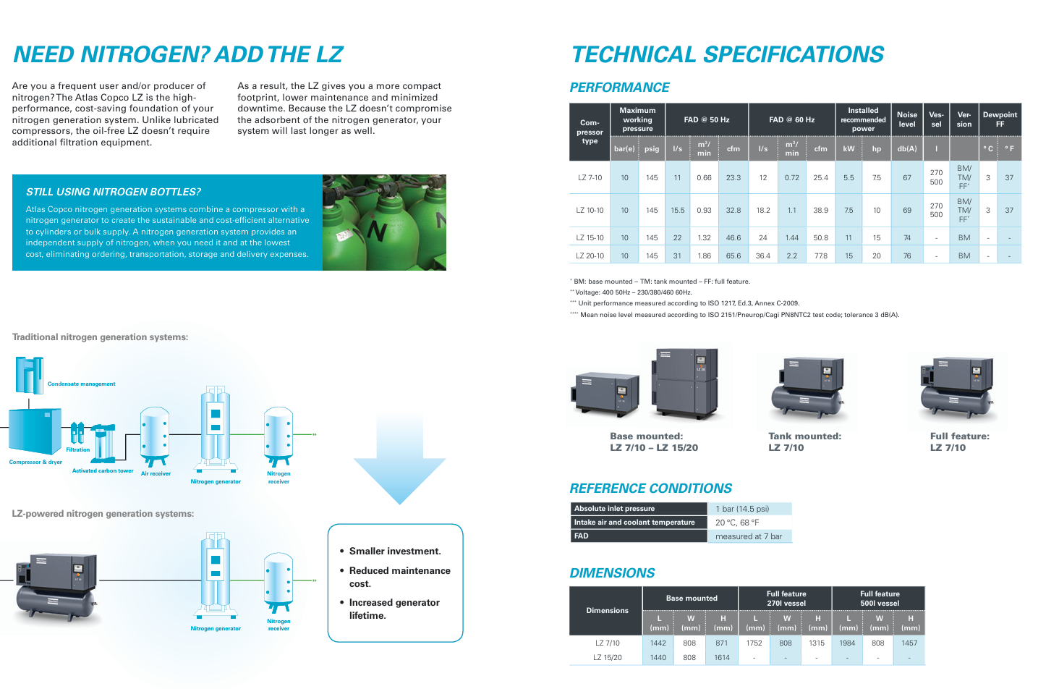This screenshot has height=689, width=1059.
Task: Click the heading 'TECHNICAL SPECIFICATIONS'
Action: point(727,55)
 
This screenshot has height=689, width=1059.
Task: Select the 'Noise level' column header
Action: point(906,119)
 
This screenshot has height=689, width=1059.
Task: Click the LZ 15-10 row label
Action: point(590,237)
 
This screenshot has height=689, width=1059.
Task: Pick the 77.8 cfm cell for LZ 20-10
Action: point(820,255)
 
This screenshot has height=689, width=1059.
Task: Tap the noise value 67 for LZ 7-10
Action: point(906,177)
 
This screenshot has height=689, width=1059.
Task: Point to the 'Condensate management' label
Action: point(81,384)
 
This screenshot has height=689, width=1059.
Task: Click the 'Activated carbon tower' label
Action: point(103,471)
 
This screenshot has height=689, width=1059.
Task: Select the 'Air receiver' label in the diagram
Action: point(156,474)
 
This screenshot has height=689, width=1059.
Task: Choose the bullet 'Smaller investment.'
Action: point(394,551)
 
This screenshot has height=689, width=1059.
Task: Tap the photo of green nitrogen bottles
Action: point(384,222)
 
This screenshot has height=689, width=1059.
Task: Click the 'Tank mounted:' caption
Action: point(804,436)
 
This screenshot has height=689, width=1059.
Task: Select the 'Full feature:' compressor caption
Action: point(959,436)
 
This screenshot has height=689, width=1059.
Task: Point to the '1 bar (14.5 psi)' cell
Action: point(741,509)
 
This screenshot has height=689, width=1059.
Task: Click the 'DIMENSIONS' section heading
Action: point(612,573)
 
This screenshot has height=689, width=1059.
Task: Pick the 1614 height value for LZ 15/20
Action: point(722,658)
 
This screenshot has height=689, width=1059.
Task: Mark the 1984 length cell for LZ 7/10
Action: point(847,643)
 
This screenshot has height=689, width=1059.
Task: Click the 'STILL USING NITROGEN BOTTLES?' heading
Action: point(114,192)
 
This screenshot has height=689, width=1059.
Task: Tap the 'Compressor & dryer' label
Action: point(35,462)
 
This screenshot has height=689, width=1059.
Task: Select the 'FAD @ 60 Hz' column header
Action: point(791,119)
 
